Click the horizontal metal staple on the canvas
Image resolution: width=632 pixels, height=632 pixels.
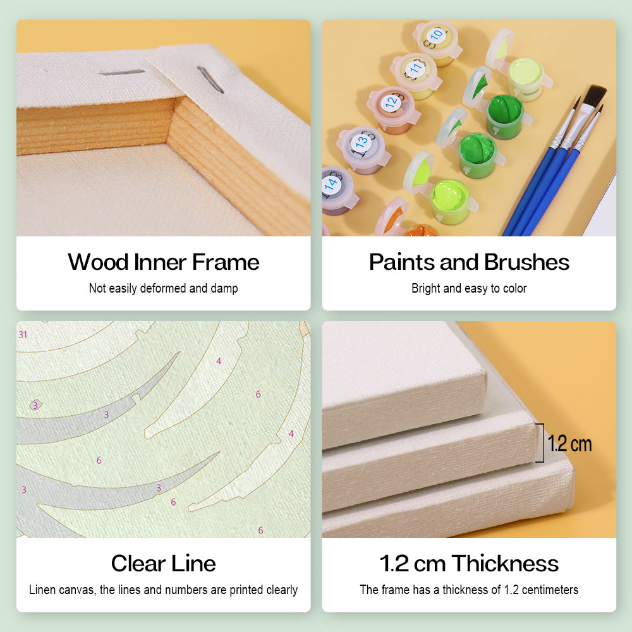pyautogui.click(x=122, y=72)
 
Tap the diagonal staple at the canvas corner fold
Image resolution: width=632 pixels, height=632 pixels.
pyautogui.click(x=210, y=80)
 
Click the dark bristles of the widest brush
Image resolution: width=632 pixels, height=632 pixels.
pyautogui.click(x=594, y=97)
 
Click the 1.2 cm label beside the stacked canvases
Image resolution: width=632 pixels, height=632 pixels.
pyautogui.click(x=569, y=444)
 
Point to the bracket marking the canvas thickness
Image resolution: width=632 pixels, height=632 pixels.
pyautogui.click(x=540, y=442)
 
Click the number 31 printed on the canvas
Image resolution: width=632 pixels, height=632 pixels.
pyautogui.click(x=23, y=334)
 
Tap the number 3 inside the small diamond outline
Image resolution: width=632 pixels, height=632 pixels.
pyautogui.click(x=35, y=405)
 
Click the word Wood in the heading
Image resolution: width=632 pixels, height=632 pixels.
pyautogui.click(x=98, y=262)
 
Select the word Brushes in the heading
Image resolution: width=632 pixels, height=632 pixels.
pyautogui.click(x=526, y=262)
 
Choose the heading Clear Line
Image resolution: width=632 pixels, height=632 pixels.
pyautogui.click(x=163, y=563)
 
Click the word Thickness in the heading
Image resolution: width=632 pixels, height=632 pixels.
pyautogui.click(x=505, y=563)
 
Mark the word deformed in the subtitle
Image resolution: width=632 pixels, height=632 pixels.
pyautogui.click(x=163, y=288)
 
